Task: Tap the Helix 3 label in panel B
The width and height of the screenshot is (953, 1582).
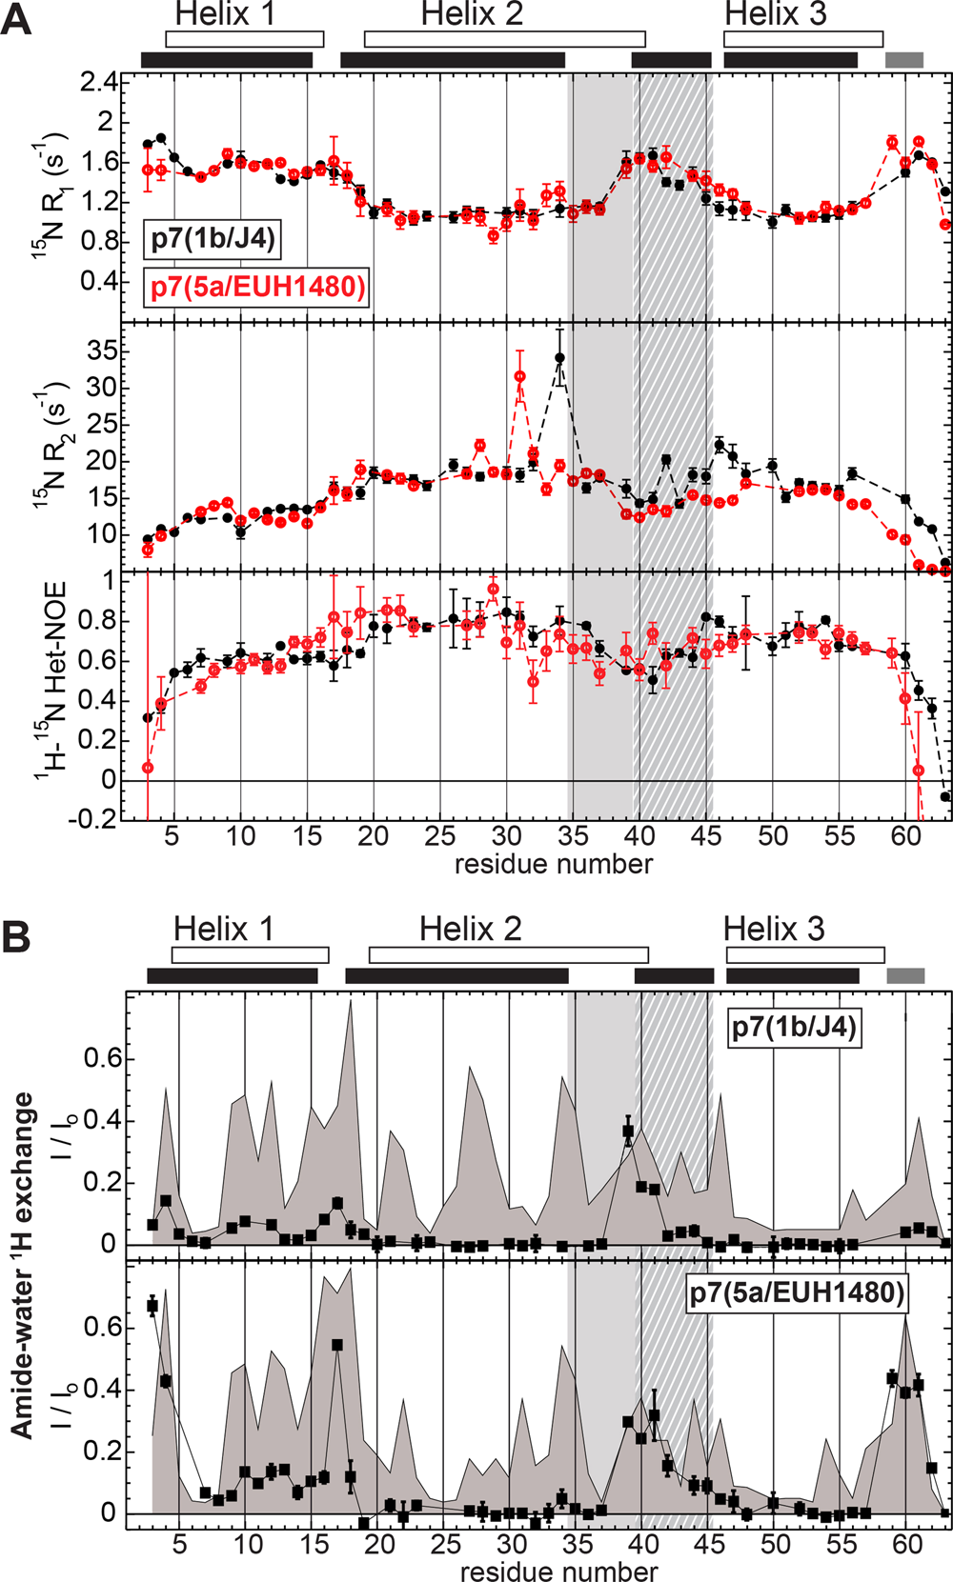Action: coord(774,929)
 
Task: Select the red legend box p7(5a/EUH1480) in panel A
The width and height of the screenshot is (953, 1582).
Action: coord(256,286)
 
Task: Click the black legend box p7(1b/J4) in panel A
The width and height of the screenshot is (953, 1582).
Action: coord(212,238)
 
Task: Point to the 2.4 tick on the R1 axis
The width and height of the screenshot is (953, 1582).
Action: coord(99,83)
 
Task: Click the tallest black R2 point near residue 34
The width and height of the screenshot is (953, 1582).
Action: coord(559,358)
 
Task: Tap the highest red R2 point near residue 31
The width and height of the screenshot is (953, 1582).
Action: coord(519,376)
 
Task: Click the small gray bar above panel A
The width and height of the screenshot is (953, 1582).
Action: coord(903,60)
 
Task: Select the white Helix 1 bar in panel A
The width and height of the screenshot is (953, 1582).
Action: coord(244,39)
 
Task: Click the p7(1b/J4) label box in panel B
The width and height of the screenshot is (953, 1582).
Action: coord(795,1028)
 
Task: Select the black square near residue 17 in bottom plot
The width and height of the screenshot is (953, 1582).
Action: coord(337,1345)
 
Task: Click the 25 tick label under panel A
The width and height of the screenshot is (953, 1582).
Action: coord(439,837)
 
